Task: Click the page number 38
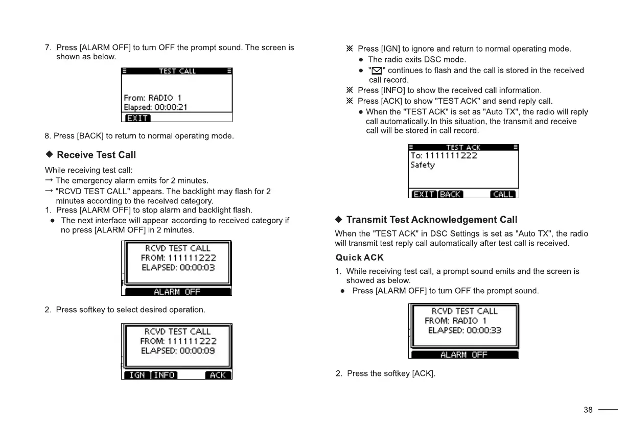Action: [588, 410]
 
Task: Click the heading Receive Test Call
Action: [96, 155]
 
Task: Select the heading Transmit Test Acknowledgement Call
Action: [432, 220]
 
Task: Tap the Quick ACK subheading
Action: [359, 257]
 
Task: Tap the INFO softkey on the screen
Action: [165, 375]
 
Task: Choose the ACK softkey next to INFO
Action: [218, 375]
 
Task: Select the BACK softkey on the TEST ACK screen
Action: [450, 194]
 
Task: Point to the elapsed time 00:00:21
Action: [171, 107]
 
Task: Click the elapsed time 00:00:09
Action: [197, 351]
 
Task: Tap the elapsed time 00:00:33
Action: [482, 331]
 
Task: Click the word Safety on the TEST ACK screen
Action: [423, 165]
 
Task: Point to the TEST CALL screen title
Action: [177, 71]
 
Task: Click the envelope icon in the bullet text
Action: [375, 70]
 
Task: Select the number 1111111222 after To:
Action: [451, 155]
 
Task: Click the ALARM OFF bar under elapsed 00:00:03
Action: [177, 292]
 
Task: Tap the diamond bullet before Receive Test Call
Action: [50, 155]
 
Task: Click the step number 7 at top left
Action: [48, 48]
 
